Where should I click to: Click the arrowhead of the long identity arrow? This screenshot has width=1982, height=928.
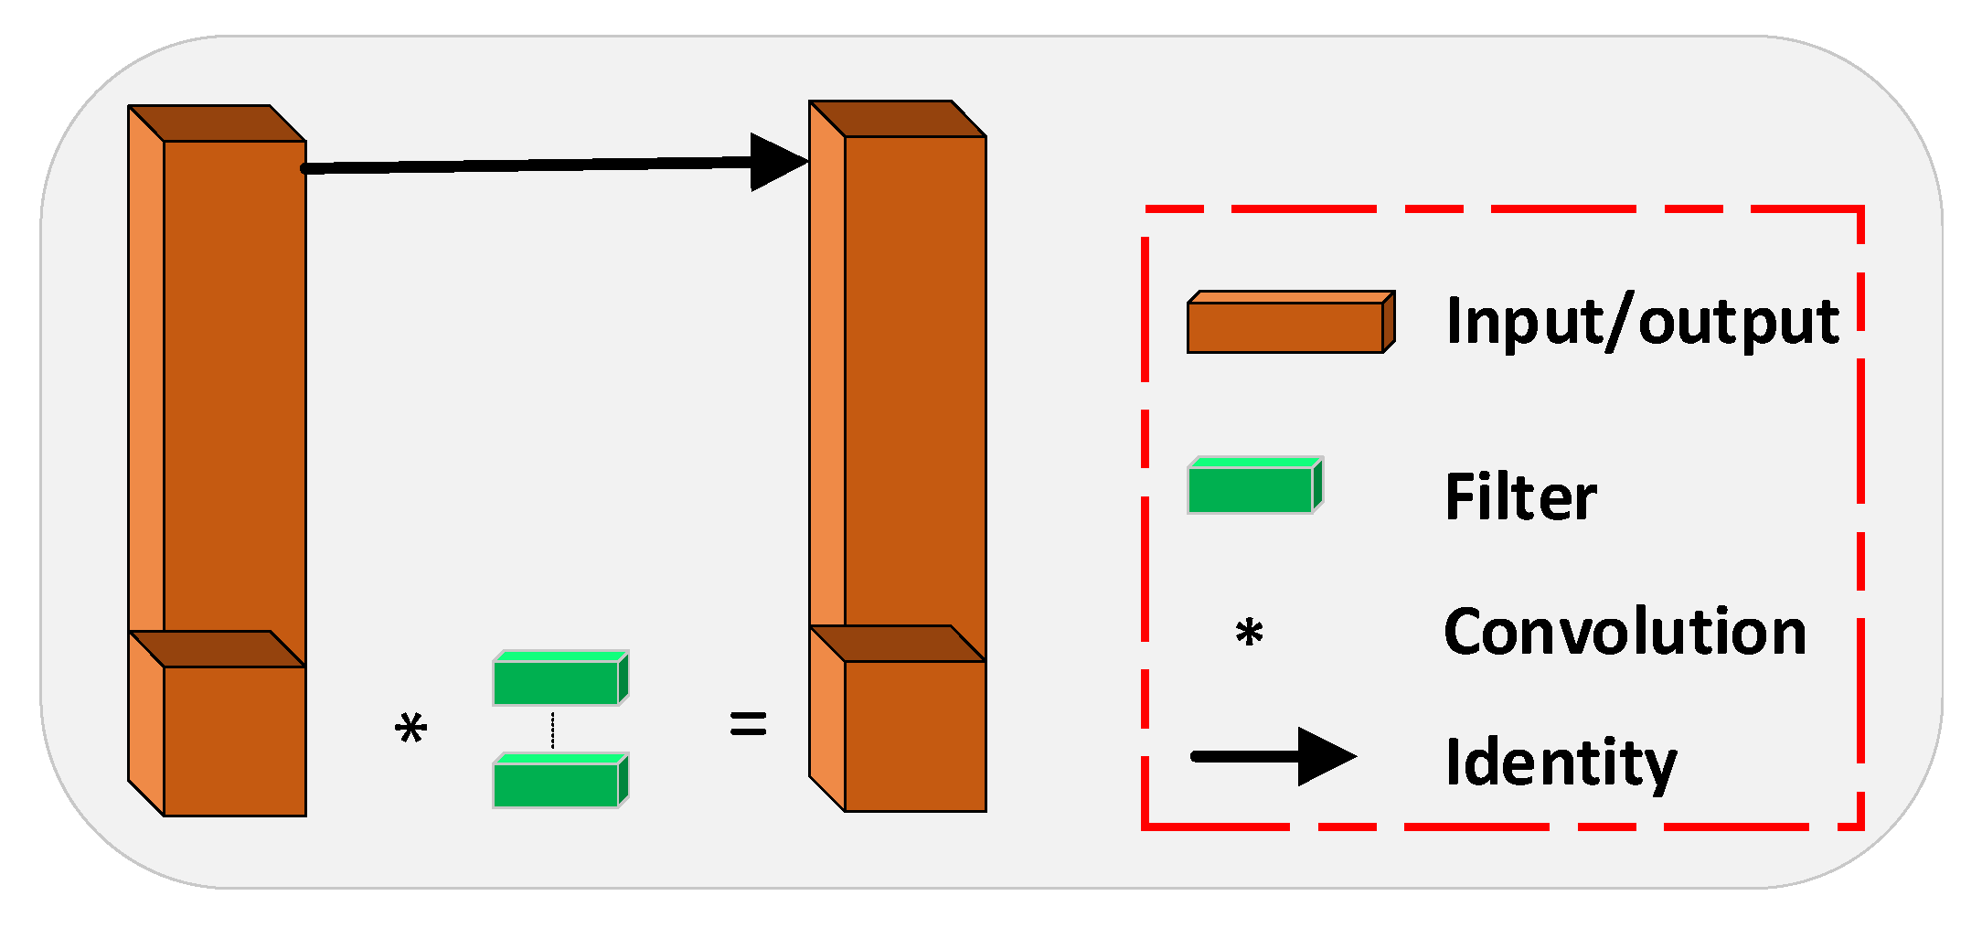[x=777, y=162]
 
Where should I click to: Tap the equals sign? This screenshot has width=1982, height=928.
[x=748, y=724]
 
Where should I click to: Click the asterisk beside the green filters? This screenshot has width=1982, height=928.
[x=410, y=729]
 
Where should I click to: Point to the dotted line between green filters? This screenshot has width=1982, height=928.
[x=552, y=731]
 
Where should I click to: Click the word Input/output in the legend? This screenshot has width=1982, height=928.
[x=1642, y=322]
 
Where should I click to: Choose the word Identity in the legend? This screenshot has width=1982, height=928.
[x=1561, y=762]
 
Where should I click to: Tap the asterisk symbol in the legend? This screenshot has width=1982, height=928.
[x=1249, y=632]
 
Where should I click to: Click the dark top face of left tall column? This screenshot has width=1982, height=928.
[x=217, y=123]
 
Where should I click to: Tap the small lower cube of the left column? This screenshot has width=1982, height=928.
[x=234, y=740]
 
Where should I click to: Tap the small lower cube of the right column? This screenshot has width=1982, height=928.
[x=915, y=735]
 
